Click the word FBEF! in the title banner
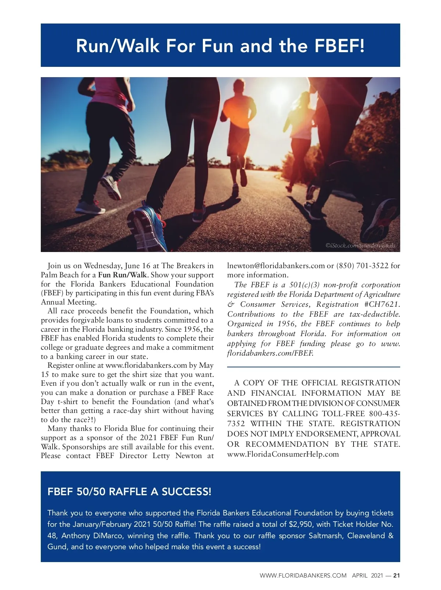pos(340,46)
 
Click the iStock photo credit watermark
pos(360,245)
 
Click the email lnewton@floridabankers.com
pos(276,266)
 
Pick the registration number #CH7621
pos(382,304)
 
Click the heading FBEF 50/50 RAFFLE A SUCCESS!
pos(129,492)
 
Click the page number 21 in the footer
pos(397,576)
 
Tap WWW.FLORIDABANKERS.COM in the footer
pos(303,576)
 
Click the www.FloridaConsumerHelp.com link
pos(283,454)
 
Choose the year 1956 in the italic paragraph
pos(287,324)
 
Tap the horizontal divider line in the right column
pos(313,367)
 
